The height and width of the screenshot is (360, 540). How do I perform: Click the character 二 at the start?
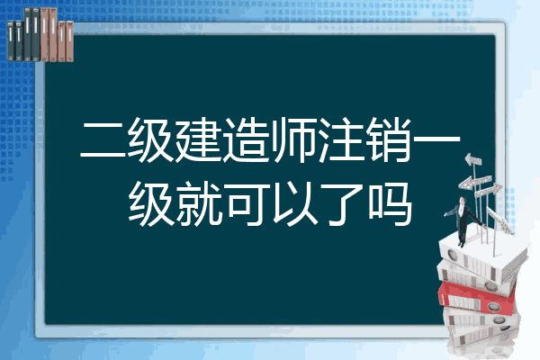click(x=103, y=140)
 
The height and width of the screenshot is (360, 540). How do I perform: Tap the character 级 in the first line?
click(x=150, y=140)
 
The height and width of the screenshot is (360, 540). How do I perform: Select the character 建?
click(x=198, y=140)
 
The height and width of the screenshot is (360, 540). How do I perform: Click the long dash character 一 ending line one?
click(x=436, y=139)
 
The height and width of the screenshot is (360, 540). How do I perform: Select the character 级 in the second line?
click(x=150, y=204)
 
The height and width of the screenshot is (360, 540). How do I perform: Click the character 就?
click(x=198, y=204)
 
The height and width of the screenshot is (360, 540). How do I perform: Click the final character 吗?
click(x=389, y=204)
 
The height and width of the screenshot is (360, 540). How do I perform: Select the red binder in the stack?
click(x=477, y=297)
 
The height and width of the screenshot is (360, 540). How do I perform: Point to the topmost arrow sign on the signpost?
click(x=473, y=160)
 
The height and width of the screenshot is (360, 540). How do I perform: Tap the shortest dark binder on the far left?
click(x=11, y=40)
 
